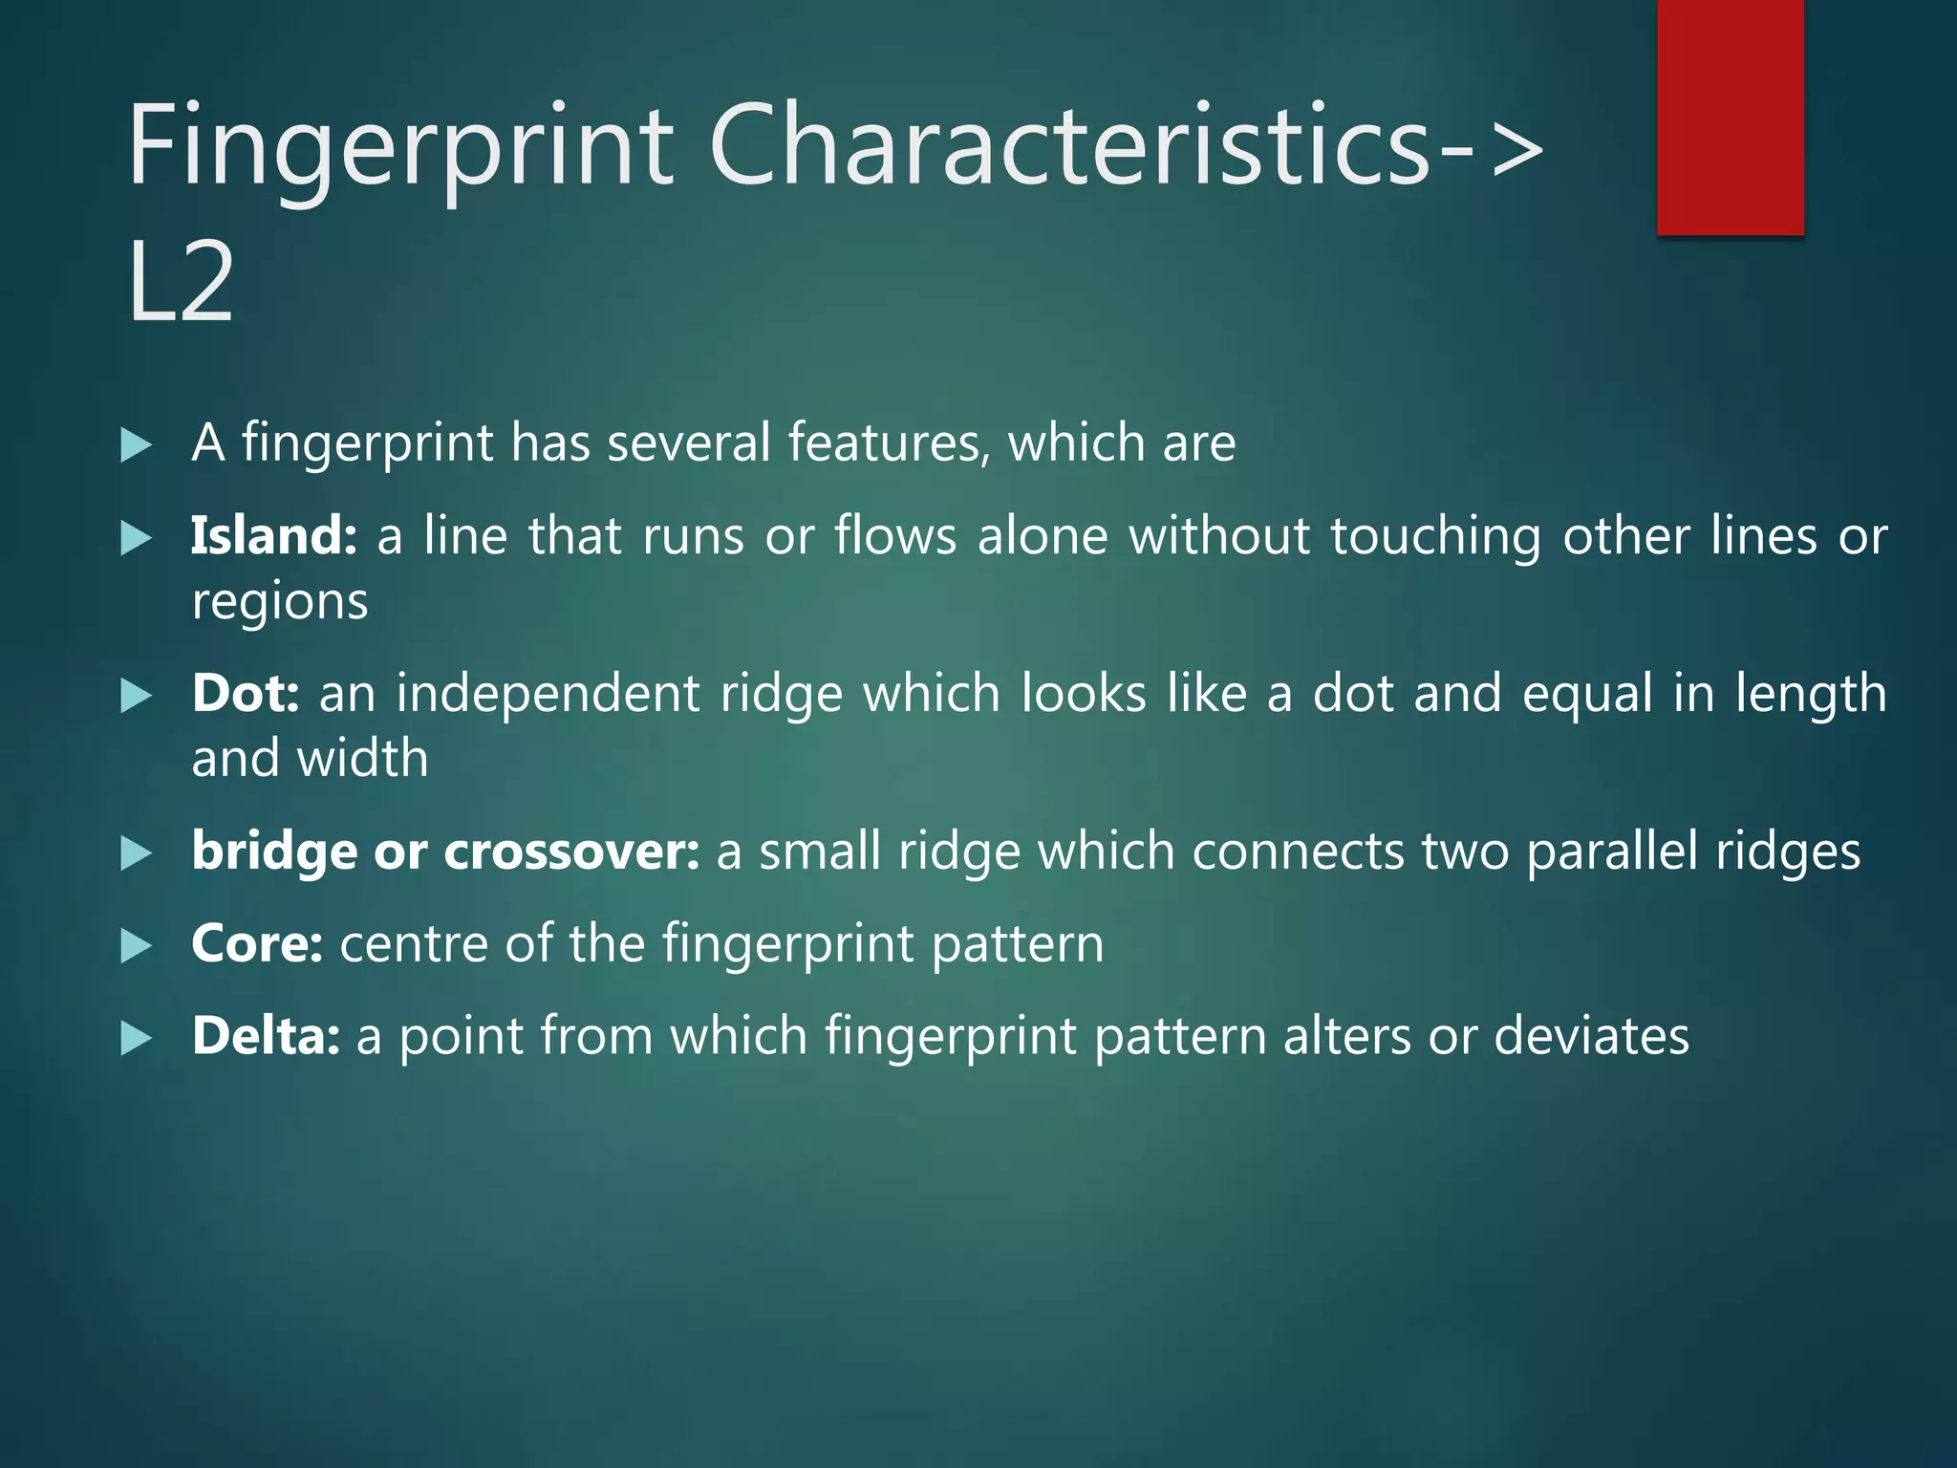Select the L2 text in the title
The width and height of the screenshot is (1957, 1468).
tap(181, 283)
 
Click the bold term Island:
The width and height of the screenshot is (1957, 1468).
tap(273, 536)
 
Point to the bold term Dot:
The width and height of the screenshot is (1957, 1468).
tap(246, 694)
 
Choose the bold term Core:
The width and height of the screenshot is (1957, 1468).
tap(256, 944)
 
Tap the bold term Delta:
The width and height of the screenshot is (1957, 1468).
tap(265, 1037)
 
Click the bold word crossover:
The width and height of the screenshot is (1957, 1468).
tap(571, 852)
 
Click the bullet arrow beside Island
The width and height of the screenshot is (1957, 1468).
tap(137, 539)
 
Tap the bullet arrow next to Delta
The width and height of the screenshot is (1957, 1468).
tap(137, 1039)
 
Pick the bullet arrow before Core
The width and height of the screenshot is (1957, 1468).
tap(137, 946)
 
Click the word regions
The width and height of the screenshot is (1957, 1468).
tap(279, 603)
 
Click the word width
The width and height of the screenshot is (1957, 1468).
tap(362, 759)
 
